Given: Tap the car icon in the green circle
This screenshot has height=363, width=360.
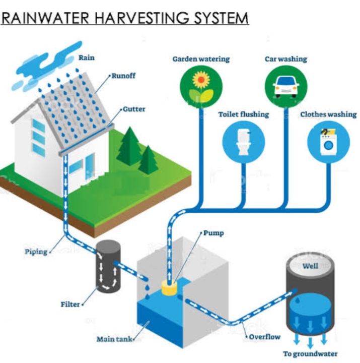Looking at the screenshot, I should tap(284, 85).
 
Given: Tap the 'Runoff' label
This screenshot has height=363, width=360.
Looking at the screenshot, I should tap(123, 76).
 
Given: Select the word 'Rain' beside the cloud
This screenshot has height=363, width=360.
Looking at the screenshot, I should tap(86, 57).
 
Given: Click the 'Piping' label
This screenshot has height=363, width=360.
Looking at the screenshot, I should tap(36, 251).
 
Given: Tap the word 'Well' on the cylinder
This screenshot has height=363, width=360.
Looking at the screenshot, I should tap(310, 266).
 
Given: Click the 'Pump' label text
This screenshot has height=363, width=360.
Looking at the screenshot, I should tap(213, 233).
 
